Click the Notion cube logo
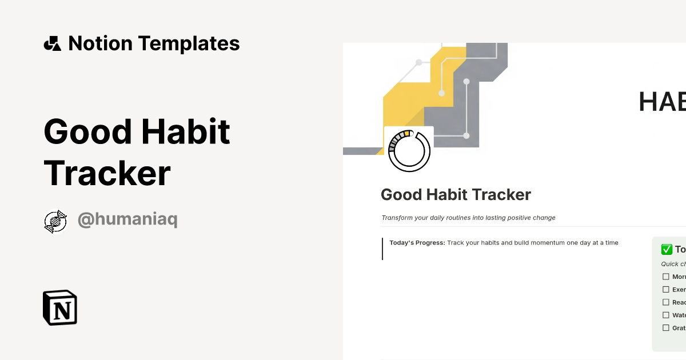click(x=60, y=307)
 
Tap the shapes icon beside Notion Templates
click(x=52, y=43)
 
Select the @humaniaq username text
click(x=127, y=220)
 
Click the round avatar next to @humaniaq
click(x=55, y=221)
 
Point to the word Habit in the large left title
click(x=186, y=131)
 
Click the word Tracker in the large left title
click(x=107, y=173)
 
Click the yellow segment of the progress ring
click(x=406, y=134)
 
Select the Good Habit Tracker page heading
click(x=456, y=195)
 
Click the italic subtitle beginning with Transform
click(x=468, y=218)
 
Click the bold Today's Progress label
click(x=417, y=243)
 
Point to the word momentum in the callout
click(x=537, y=243)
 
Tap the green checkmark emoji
click(x=666, y=249)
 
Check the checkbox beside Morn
click(x=665, y=277)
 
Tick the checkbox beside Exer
click(x=665, y=290)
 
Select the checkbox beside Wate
click(x=665, y=315)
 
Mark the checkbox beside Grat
click(x=665, y=328)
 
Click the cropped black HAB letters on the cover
click(x=662, y=102)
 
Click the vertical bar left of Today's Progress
click(x=382, y=249)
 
